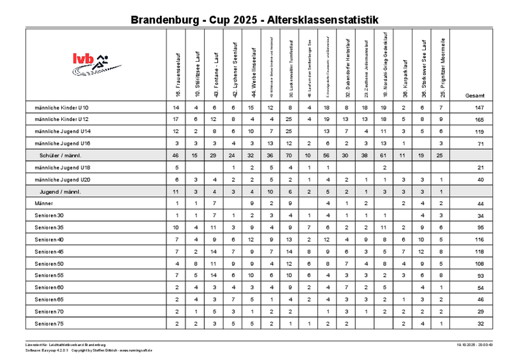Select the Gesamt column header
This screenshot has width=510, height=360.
click(x=475, y=95)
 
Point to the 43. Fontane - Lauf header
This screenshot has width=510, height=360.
click(x=216, y=75)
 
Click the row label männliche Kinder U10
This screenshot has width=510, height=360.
click(x=62, y=107)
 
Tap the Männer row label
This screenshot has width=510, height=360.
click(x=44, y=203)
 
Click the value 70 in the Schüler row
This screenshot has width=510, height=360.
click(x=289, y=155)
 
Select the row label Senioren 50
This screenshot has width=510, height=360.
click(x=50, y=264)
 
